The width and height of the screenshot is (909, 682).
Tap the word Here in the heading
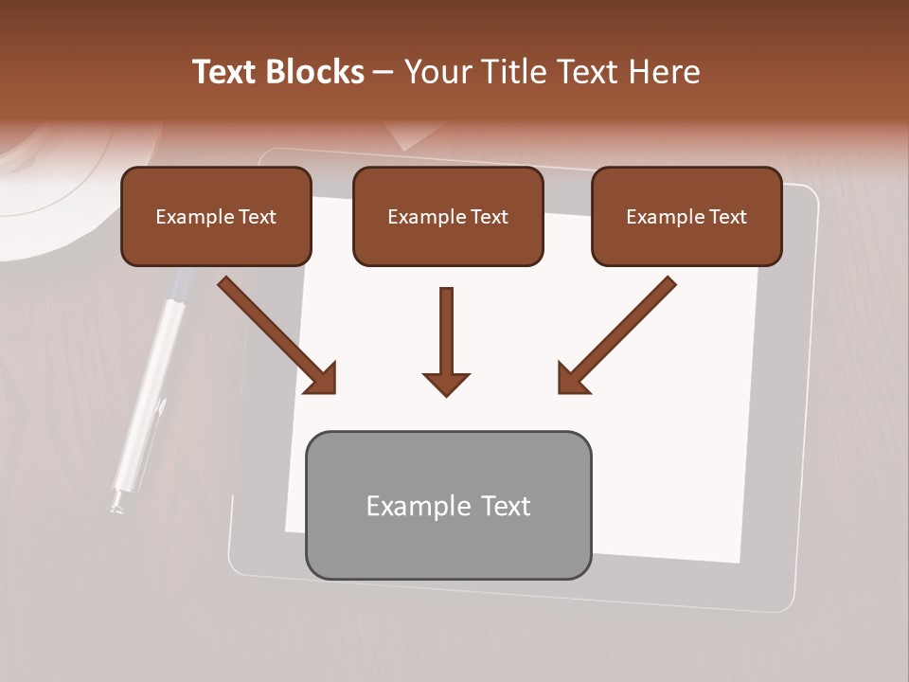663,72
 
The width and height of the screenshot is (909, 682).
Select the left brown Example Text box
216,217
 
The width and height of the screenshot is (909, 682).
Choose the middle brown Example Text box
448,217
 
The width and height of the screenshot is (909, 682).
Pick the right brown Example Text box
686,217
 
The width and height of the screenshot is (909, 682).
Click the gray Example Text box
448,505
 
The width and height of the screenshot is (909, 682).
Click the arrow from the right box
616,335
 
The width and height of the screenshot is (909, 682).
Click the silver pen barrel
151,379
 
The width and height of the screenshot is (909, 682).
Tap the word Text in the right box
728,217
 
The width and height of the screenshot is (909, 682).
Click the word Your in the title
436,72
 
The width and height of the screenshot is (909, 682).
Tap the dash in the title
383,72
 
